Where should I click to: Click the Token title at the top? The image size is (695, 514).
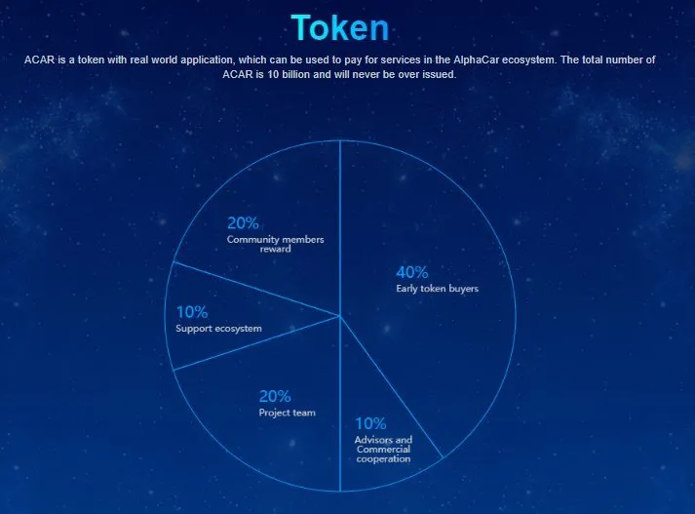tap(340, 27)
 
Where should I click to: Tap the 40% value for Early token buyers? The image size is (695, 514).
tap(412, 272)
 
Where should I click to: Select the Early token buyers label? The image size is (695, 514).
tap(437, 289)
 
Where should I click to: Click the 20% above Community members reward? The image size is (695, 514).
tap(243, 223)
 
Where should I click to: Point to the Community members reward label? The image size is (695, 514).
tap(275, 244)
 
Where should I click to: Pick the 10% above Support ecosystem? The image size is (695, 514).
tap(192, 312)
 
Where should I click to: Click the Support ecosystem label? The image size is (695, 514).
tap(218, 329)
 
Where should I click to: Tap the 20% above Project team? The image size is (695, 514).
tap(275, 396)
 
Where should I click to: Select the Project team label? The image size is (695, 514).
tap(288, 413)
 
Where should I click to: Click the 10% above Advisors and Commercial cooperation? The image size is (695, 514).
tap(370, 423)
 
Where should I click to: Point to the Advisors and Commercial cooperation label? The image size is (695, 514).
tap(383, 450)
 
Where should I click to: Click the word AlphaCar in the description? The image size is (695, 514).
tap(476, 59)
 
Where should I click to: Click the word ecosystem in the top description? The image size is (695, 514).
tap(528, 59)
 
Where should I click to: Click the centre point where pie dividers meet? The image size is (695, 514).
tap(340, 316)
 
